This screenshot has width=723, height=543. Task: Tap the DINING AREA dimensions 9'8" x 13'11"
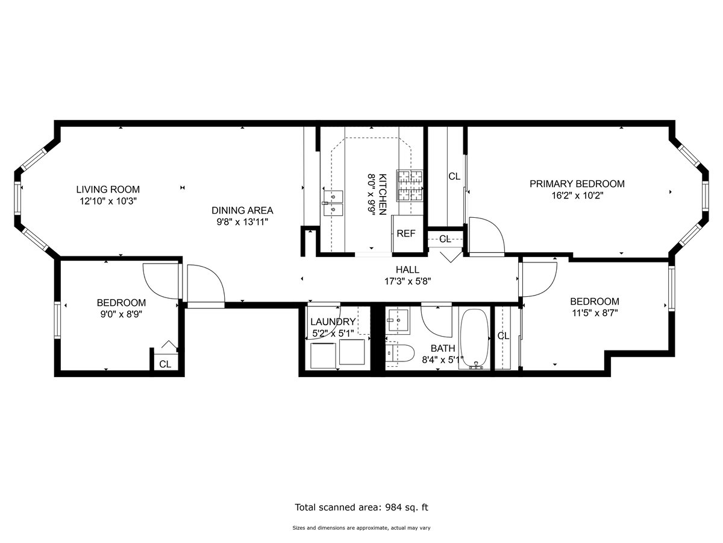pyautogui.click(x=242, y=221)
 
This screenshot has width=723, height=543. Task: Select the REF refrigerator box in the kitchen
pyautogui.click(x=405, y=233)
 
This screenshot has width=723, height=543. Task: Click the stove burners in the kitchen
pyautogui.click(x=409, y=185)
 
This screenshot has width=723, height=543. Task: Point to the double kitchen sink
pyautogui.click(x=332, y=202)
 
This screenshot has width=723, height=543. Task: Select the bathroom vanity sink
pyautogui.click(x=397, y=320)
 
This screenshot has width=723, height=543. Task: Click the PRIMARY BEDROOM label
pyautogui.click(x=577, y=184)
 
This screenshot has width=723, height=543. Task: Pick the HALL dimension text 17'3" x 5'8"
pyautogui.click(x=407, y=281)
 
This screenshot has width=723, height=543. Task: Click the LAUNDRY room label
pyautogui.click(x=333, y=322)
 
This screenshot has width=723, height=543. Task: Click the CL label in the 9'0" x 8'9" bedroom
pyautogui.click(x=164, y=364)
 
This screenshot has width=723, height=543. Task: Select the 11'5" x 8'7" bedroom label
pyautogui.click(x=594, y=302)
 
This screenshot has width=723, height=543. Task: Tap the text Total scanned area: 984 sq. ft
pyautogui.click(x=361, y=507)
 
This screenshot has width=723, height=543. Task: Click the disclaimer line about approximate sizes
pyautogui.click(x=361, y=528)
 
